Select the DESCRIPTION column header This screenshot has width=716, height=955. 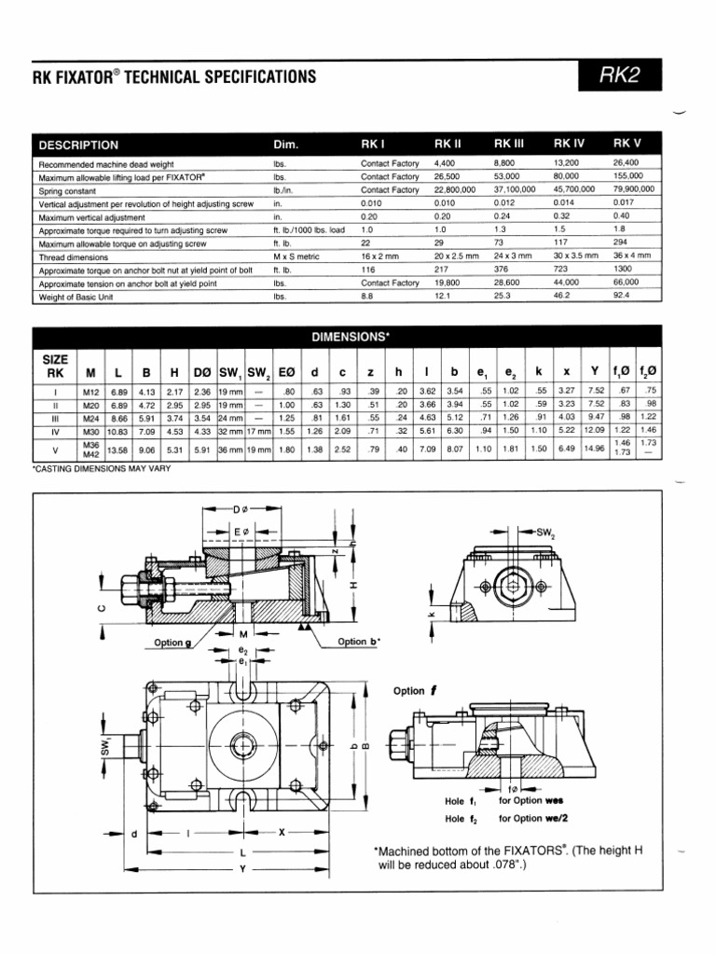tap(78, 145)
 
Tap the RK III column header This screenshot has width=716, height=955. tap(510, 145)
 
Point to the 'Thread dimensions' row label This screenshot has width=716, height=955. tap(74, 256)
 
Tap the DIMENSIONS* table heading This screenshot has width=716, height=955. tap(349, 335)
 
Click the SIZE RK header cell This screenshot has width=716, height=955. tap(52, 366)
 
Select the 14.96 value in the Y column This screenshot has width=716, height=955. tap(593, 449)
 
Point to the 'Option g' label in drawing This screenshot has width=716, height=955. tap(173, 642)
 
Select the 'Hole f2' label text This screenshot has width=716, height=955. tap(461, 819)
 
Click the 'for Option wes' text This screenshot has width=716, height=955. tap(530, 800)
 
